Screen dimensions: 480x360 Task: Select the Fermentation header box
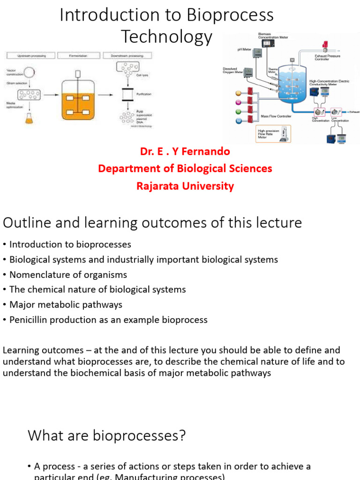point(78,55)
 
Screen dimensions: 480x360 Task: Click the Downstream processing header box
point(127,55)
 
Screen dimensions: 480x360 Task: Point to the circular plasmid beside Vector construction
point(30,73)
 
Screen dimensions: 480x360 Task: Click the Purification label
point(144,94)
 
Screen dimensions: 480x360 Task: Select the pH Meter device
point(258,53)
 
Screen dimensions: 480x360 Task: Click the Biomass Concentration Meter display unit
point(268,42)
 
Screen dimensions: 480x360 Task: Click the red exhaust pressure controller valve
point(324,45)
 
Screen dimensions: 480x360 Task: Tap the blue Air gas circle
point(239,120)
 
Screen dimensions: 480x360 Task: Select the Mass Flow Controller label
point(276,116)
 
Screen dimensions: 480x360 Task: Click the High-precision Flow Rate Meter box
point(273,134)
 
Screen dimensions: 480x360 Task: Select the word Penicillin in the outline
point(30,320)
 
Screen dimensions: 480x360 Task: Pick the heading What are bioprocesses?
point(107,436)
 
